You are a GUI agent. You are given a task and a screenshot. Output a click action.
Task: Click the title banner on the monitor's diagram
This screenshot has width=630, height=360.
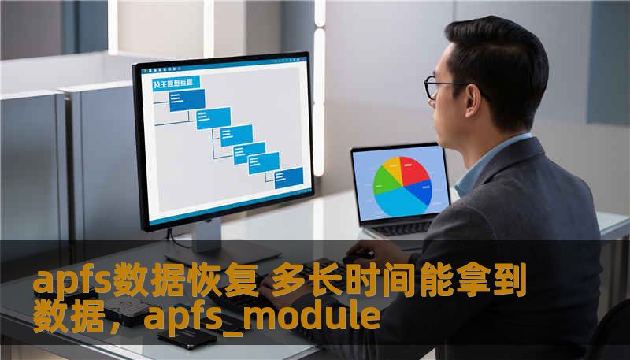[x=174, y=82]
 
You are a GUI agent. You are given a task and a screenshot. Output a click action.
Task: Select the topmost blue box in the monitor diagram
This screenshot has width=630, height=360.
[x=187, y=99]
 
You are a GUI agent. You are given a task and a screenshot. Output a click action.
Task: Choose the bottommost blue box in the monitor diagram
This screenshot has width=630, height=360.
[x=284, y=179]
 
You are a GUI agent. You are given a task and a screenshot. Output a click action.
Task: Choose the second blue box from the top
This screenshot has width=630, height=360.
[x=213, y=117]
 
